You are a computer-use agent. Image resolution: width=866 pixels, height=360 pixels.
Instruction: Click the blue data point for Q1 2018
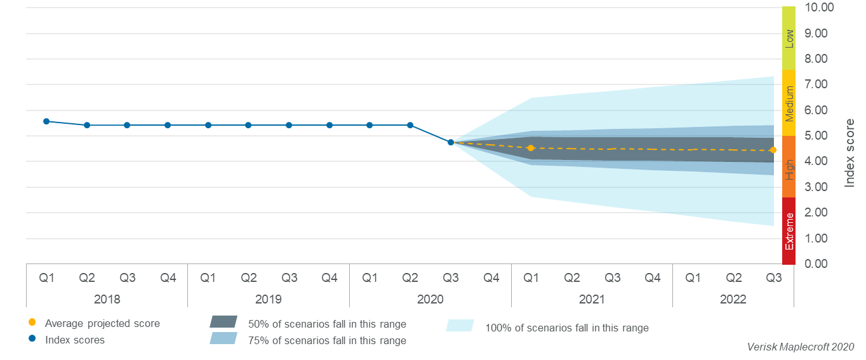pyautogui.click(x=46, y=121)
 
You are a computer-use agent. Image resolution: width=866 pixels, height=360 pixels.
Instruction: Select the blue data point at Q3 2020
pyautogui.click(x=451, y=142)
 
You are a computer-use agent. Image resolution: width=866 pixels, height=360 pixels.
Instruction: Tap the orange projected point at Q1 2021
pyautogui.click(x=531, y=148)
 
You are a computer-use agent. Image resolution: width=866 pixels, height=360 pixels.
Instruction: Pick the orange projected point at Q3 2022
pyautogui.click(x=773, y=150)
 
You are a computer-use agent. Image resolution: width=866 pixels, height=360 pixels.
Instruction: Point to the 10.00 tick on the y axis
pyautogui.click(x=818, y=8)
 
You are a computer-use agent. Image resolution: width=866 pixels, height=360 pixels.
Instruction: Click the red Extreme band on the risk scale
pyautogui.click(x=789, y=230)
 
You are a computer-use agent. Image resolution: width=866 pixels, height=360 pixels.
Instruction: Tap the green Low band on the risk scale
pyautogui.click(x=789, y=38)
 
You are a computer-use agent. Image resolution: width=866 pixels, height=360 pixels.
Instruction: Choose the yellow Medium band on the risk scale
pyautogui.click(x=789, y=103)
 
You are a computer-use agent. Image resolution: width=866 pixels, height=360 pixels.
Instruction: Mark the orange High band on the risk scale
pyautogui.click(x=789, y=167)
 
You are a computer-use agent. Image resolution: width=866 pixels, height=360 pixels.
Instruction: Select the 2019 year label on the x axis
pyautogui.click(x=269, y=299)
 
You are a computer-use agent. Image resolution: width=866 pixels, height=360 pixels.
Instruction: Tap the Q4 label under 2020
pyautogui.click(x=491, y=277)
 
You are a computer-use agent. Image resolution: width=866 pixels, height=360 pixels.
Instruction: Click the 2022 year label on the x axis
pyautogui.click(x=733, y=299)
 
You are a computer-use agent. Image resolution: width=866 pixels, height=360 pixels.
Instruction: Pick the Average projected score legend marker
pyautogui.click(x=32, y=323)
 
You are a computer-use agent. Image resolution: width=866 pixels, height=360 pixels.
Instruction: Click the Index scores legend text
pyautogui.click(x=75, y=340)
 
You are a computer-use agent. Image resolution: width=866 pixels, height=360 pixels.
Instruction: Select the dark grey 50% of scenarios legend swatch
pyautogui.click(x=223, y=322)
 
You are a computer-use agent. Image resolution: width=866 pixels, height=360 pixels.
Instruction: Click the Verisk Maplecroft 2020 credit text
pyautogui.click(x=801, y=347)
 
